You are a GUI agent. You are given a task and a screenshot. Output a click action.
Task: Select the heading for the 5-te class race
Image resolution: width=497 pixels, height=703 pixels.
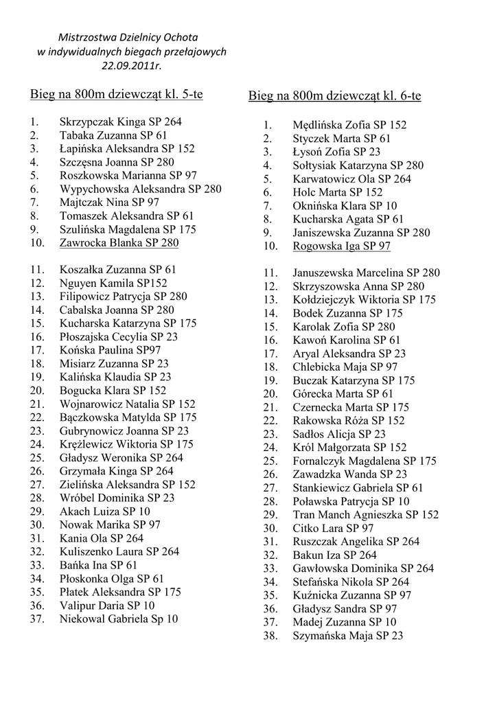click(x=116, y=93)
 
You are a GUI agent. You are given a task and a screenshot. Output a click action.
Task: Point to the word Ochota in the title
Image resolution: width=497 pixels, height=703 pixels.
click(x=182, y=37)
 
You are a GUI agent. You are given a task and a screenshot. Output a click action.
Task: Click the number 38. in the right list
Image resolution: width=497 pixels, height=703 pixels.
click(x=270, y=636)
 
